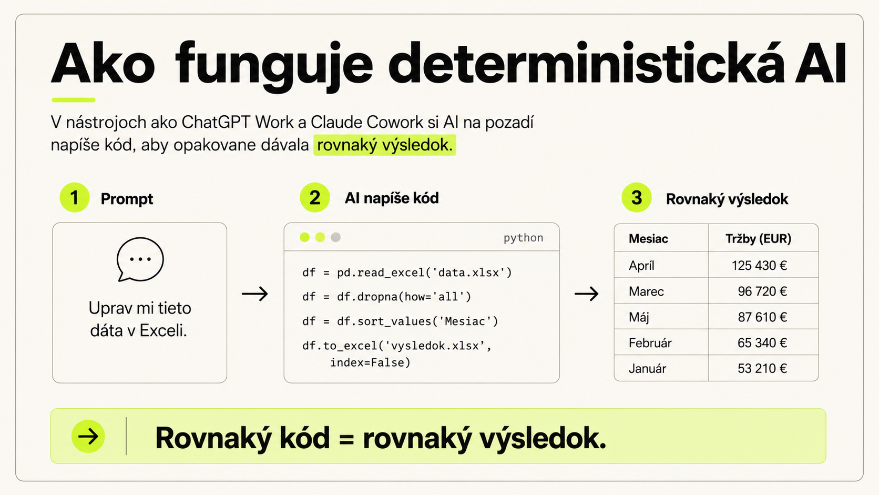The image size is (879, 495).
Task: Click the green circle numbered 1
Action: coord(75,197)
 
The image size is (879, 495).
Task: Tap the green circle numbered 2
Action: coord(315,197)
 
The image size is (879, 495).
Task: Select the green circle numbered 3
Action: coord(637,197)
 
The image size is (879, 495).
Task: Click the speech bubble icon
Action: coord(140,259)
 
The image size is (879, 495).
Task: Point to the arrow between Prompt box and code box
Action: coord(255,294)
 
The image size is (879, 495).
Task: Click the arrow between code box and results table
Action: coord(587,294)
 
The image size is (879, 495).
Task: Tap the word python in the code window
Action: coord(524,238)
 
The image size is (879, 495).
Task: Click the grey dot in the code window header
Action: coord(335,237)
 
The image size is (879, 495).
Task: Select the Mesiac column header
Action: coord(648,239)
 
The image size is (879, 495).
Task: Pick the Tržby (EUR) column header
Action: coord(758,239)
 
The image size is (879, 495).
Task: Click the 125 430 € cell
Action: coord(759,265)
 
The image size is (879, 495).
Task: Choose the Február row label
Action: coord(650,343)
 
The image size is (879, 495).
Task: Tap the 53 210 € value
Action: coord(762,369)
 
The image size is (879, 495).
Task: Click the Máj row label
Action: coord(639,317)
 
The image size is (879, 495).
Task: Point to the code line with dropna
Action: coord(386,297)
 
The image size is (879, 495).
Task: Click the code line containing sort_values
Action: coord(400,321)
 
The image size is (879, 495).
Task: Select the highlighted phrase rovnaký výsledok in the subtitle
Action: coord(385,145)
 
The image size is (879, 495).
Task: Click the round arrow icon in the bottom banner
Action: coord(88,436)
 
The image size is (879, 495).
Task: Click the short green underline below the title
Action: coord(74,100)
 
